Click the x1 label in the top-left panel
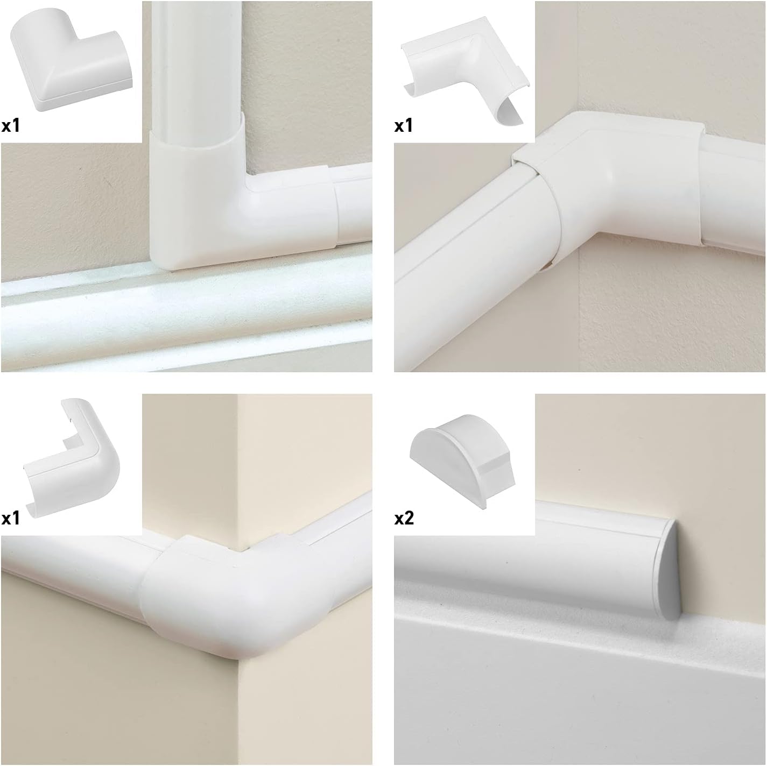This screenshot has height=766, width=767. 11,126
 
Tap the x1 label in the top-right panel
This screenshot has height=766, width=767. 404,126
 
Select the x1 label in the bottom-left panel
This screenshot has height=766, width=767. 11,519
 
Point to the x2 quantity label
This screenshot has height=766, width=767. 404,519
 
